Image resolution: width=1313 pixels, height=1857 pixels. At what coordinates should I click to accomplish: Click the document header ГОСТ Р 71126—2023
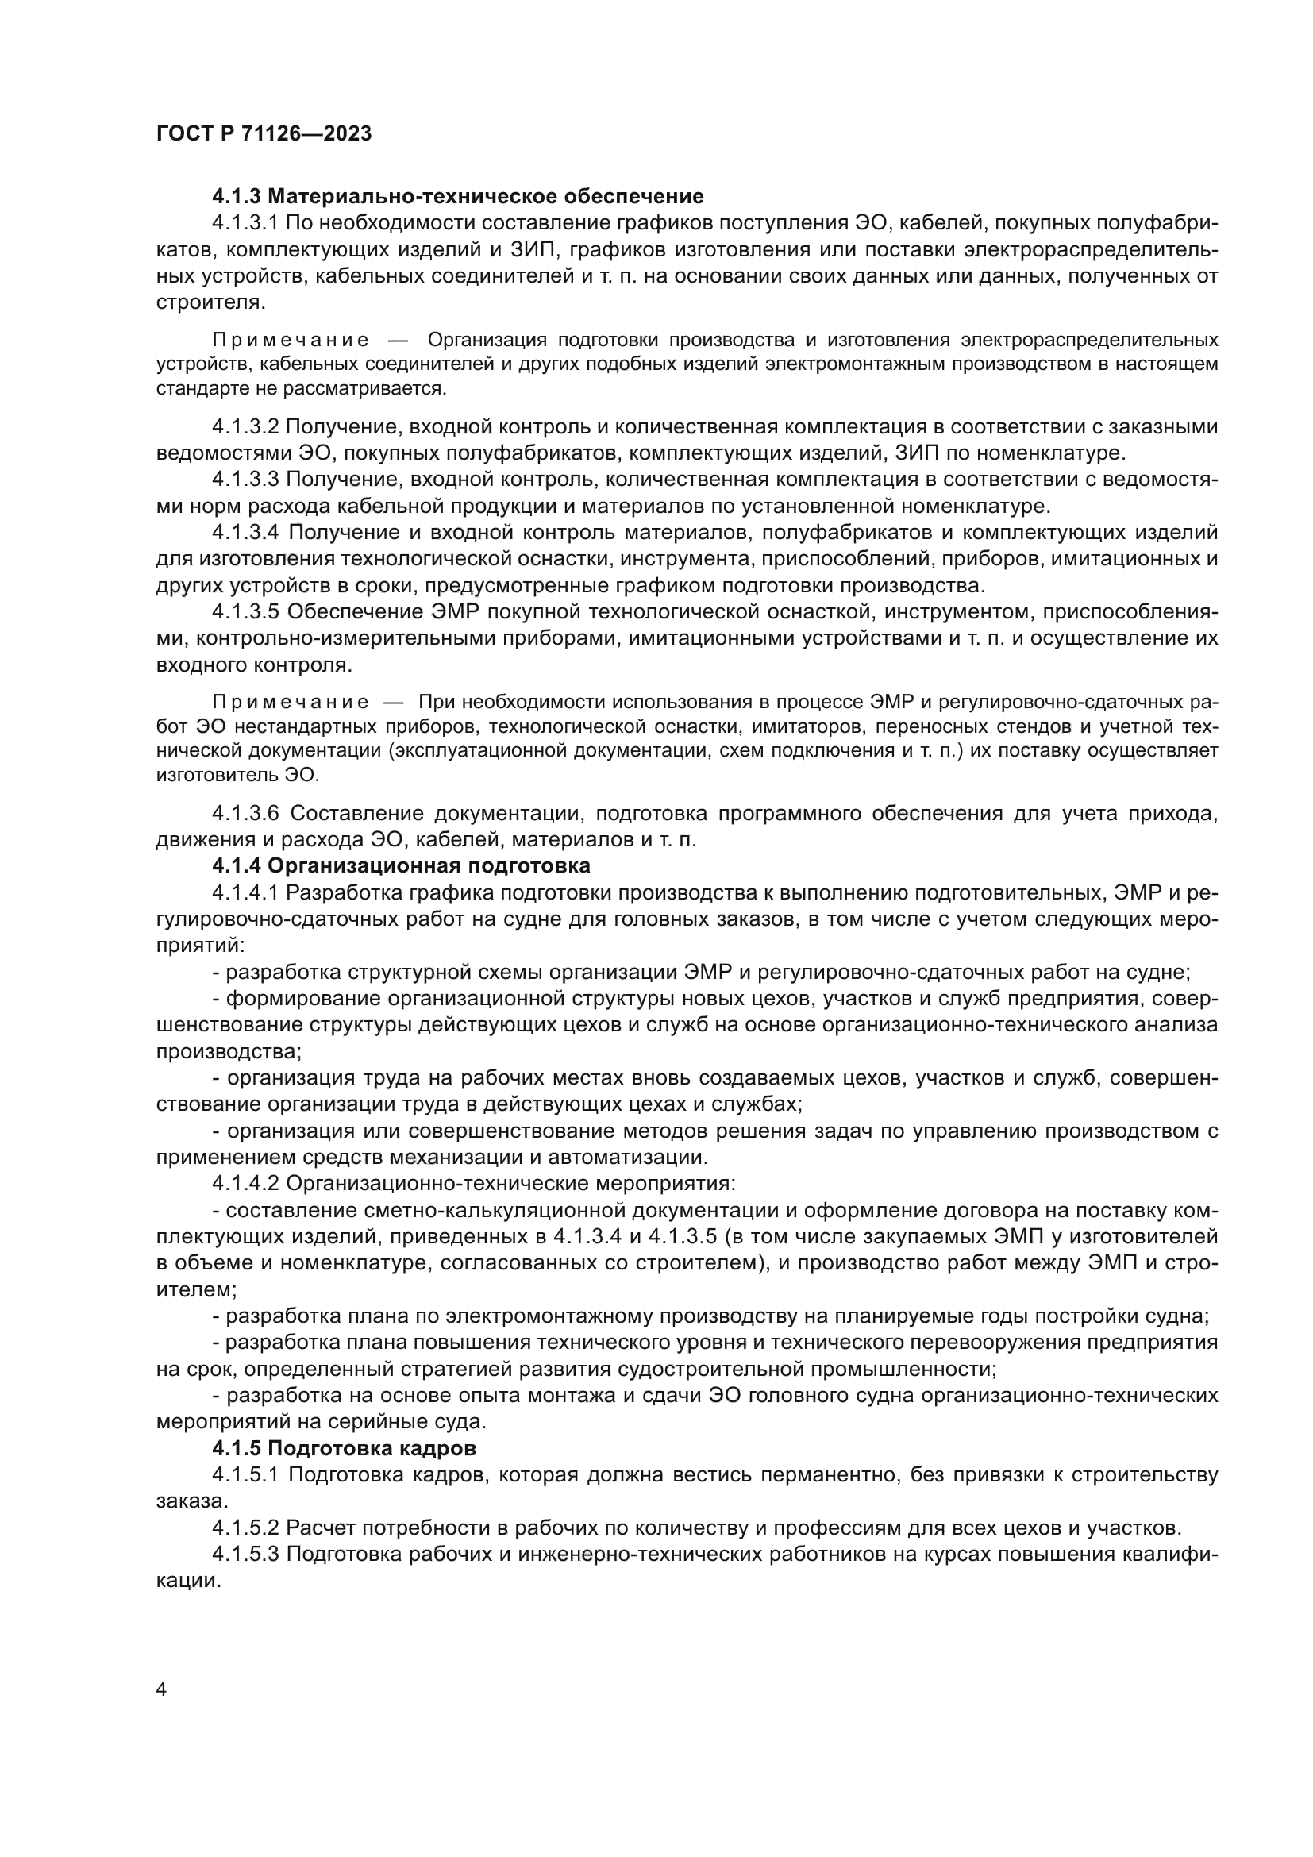pos(264,133)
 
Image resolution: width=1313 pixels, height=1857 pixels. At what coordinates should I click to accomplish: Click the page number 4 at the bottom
pos(161,1689)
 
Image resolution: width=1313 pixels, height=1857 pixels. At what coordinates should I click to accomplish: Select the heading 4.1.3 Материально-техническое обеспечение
pos(457,197)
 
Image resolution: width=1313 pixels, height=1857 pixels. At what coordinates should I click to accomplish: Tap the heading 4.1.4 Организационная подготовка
pos(401,865)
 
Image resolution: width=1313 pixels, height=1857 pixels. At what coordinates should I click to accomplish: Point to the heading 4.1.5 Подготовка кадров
pos(344,1448)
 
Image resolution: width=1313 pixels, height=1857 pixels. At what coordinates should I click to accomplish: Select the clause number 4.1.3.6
pos(246,813)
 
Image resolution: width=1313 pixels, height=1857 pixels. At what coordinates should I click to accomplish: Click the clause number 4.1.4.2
pos(246,1183)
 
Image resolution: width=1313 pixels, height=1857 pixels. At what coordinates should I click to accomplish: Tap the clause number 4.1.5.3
pos(246,1554)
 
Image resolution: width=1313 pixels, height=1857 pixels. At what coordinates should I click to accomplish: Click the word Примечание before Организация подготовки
pos(291,340)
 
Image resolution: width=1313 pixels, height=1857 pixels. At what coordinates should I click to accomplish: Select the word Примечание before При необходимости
pos(291,701)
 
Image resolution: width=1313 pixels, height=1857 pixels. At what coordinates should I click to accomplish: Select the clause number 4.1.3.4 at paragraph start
pos(246,532)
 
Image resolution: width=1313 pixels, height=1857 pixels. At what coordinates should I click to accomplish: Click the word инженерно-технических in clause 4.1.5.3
pos(560,1554)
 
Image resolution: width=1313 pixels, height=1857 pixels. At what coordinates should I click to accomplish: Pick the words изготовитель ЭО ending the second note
pos(237,775)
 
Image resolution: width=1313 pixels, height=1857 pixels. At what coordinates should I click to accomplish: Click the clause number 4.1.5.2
pos(246,1527)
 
